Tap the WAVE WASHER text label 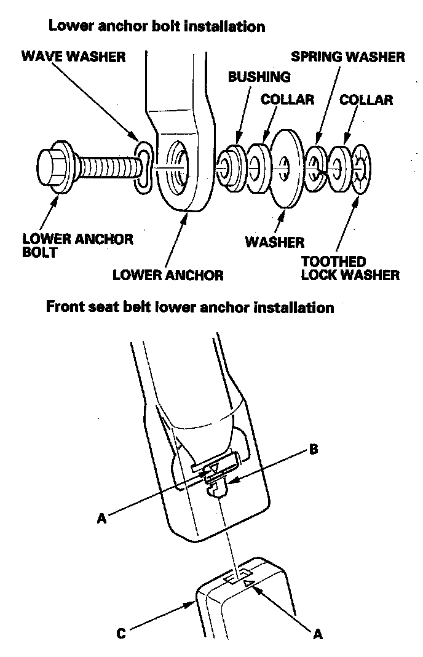click(x=73, y=57)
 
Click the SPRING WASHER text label click(x=348, y=57)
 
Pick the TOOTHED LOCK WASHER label click(x=350, y=268)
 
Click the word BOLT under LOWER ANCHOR click(x=39, y=252)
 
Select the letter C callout click(x=121, y=633)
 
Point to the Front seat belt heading click(x=190, y=307)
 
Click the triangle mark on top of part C click(x=248, y=582)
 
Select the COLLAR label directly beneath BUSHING click(x=287, y=99)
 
